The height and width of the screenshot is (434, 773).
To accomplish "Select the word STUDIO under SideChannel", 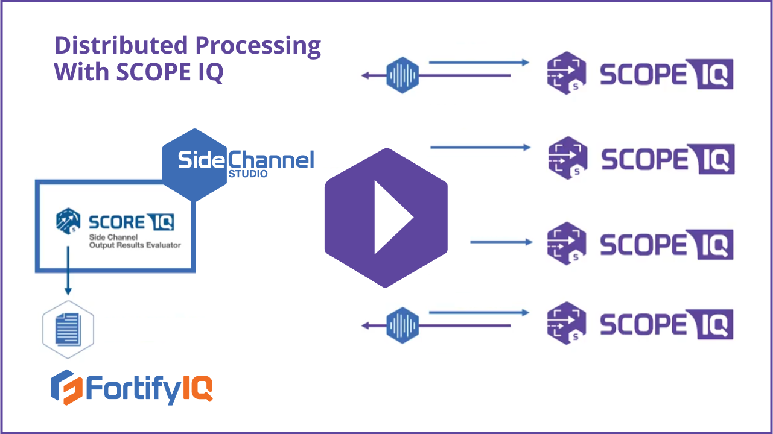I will [x=247, y=174].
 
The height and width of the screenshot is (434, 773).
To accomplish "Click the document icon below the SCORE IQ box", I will [x=68, y=329].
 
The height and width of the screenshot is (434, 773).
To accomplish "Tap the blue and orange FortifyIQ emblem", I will [x=66, y=388].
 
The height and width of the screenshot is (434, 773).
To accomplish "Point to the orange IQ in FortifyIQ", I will [x=197, y=388].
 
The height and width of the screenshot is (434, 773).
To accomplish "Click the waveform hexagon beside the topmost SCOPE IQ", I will [x=402, y=75].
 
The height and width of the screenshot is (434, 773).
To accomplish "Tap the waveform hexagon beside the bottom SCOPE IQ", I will [x=402, y=325].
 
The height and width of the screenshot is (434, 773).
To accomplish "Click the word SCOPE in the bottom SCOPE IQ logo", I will [x=643, y=325].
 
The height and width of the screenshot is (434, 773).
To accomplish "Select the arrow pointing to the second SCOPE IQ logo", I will [x=480, y=148].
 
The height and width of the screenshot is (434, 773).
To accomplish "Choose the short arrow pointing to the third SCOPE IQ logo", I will [x=501, y=242].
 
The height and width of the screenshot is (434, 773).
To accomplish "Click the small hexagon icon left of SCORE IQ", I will [x=68, y=221].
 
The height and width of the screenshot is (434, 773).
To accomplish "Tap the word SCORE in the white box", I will [x=116, y=222].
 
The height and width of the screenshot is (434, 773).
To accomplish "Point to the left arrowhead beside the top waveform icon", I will [x=366, y=76].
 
